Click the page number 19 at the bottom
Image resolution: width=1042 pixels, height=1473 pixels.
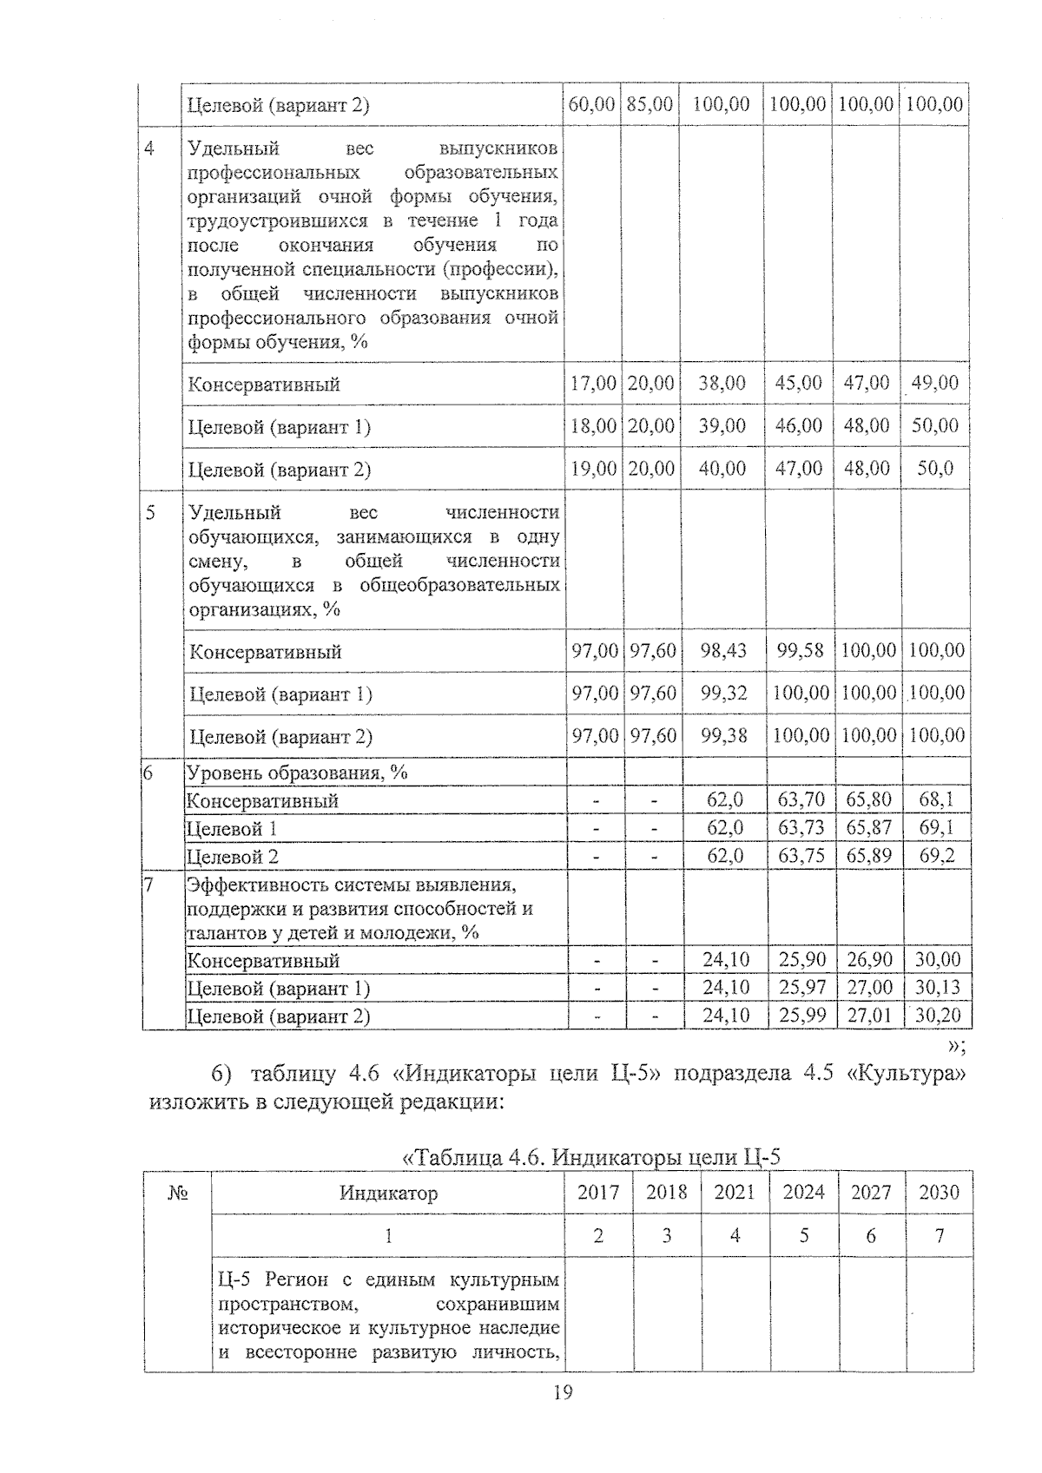tap(562, 1393)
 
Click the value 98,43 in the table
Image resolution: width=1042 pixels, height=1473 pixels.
tap(722, 650)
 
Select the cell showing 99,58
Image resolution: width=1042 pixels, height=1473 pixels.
tap(799, 650)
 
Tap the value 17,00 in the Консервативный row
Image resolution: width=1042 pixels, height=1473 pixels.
tap(593, 383)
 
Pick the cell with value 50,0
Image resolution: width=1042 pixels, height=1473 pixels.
tap(934, 469)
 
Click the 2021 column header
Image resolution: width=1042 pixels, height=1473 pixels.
tap(735, 1192)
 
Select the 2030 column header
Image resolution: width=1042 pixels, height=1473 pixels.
tap(939, 1192)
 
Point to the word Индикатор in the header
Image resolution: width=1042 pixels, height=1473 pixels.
tap(388, 1193)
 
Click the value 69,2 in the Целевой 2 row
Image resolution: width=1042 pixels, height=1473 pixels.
tap(936, 856)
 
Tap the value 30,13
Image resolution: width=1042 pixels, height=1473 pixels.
tap(937, 988)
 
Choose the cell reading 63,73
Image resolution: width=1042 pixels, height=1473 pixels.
tap(801, 828)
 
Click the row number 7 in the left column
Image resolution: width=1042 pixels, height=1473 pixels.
tap(148, 885)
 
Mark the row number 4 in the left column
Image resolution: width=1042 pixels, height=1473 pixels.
tap(149, 148)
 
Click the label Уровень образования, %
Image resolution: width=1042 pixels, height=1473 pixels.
tap(297, 773)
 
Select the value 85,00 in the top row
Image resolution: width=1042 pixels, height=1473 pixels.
tap(650, 105)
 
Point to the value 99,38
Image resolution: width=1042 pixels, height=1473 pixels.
tap(722, 735)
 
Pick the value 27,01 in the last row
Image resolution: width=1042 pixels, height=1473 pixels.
tap(869, 1016)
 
